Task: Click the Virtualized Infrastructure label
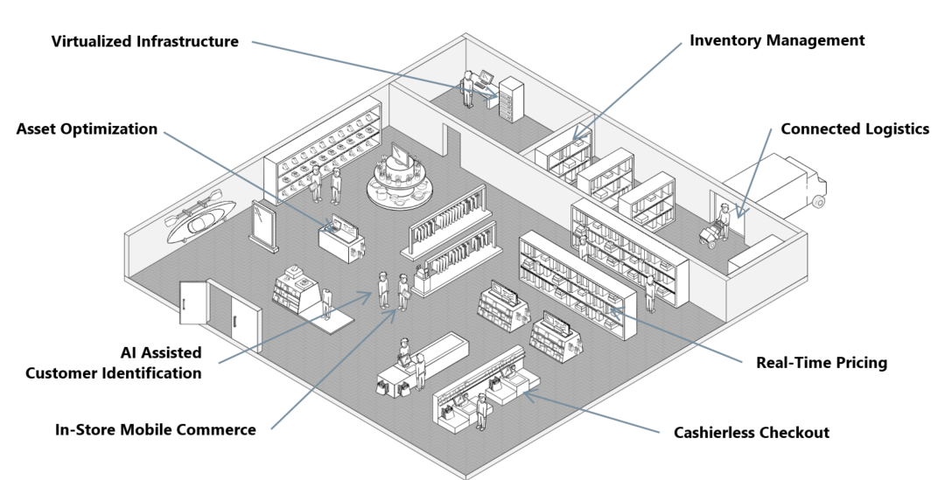[x=144, y=41]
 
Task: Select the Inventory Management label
[x=776, y=40]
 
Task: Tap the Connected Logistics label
[x=854, y=129]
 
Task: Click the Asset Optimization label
[x=87, y=129]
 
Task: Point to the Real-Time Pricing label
[x=821, y=362]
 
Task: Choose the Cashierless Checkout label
[x=751, y=432]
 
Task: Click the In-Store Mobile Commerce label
[x=155, y=429]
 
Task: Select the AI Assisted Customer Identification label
[x=114, y=363]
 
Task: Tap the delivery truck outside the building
[x=783, y=188]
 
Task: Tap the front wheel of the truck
[x=818, y=203]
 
